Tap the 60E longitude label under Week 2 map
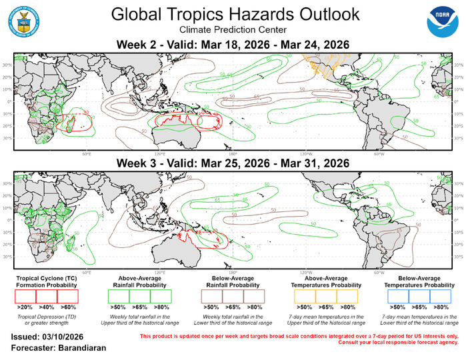(x=87, y=154)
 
